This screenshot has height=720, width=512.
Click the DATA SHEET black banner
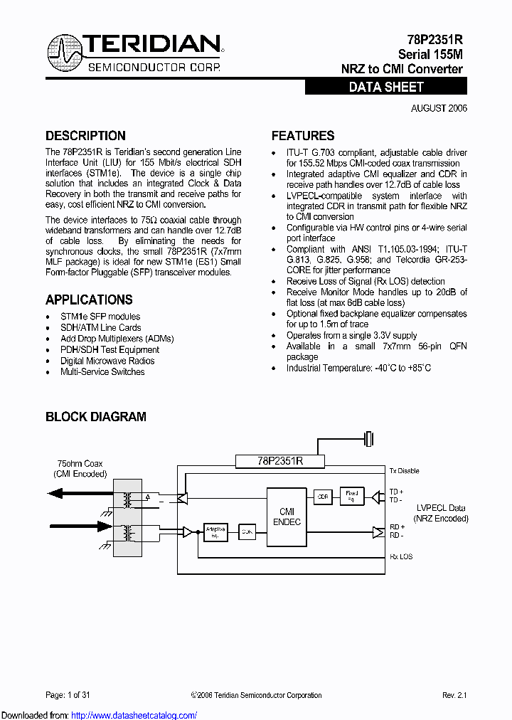pyautogui.click(x=386, y=87)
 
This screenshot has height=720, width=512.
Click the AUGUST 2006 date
pyautogui.click(x=439, y=108)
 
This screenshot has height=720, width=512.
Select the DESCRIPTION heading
pyautogui.click(x=85, y=136)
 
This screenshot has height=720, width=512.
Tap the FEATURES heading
pyautogui.click(x=303, y=136)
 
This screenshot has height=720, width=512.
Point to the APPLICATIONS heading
pyautogui.click(x=89, y=300)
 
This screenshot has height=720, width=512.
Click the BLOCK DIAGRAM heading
pyautogui.click(x=96, y=417)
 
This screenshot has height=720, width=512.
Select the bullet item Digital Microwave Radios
pyautogui.click(x=107, y=361)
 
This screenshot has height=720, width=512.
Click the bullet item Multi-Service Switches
pyautogui.click(x=102, y=372)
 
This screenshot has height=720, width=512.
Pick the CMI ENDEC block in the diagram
pyautogui.click(x=287, y=517)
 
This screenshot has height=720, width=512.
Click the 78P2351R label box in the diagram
pyautogui.click(x=280, y=461)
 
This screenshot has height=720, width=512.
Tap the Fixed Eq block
pyautogui.click(x=351, y=495)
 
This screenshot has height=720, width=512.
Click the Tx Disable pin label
pyautogui.click(x=404, y=471)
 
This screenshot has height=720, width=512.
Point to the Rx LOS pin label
pyautogui.click(x=401, y=556)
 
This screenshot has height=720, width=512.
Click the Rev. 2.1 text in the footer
pyautogui.click(x=454, y=695)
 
